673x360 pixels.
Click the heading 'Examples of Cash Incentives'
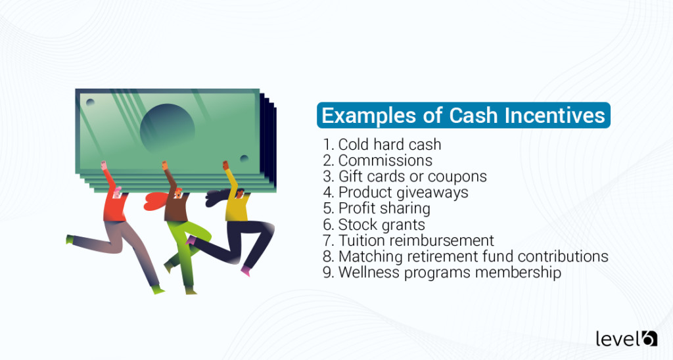click(x=463, y=116)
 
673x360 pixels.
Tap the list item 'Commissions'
click(x=385, y=160)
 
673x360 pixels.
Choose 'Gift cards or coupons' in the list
click(x=412, y=177)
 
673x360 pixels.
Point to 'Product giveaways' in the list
click(x=403, y=192)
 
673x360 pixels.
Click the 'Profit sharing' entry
click(x=384, y=208)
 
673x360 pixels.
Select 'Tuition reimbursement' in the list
click(x=415, y=240)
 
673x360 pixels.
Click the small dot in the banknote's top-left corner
click(x=90, y=102)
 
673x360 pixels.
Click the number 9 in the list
click(x=327, y=272)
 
